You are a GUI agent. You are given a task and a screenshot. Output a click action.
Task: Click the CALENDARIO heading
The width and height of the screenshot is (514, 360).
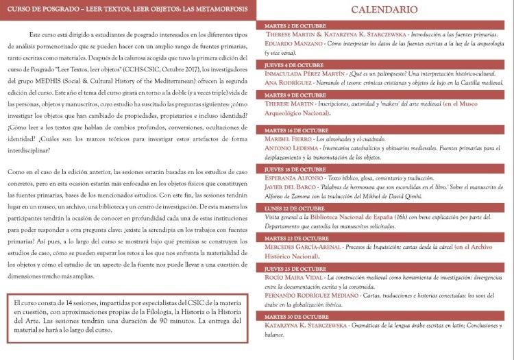coord(384,10)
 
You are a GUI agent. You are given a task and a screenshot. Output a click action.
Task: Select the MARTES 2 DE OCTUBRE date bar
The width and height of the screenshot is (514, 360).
coord(384,25)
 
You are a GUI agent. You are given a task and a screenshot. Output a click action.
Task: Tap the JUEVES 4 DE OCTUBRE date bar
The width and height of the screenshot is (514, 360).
coord(384,65)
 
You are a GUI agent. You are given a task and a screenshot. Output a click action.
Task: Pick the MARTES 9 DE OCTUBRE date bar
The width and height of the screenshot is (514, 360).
coord(384,95)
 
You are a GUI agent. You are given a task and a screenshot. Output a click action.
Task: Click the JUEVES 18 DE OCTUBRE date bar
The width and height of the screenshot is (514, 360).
coord(384,169)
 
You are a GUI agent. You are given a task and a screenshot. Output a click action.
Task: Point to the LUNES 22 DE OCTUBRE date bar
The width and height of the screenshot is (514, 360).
coord(384,208)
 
